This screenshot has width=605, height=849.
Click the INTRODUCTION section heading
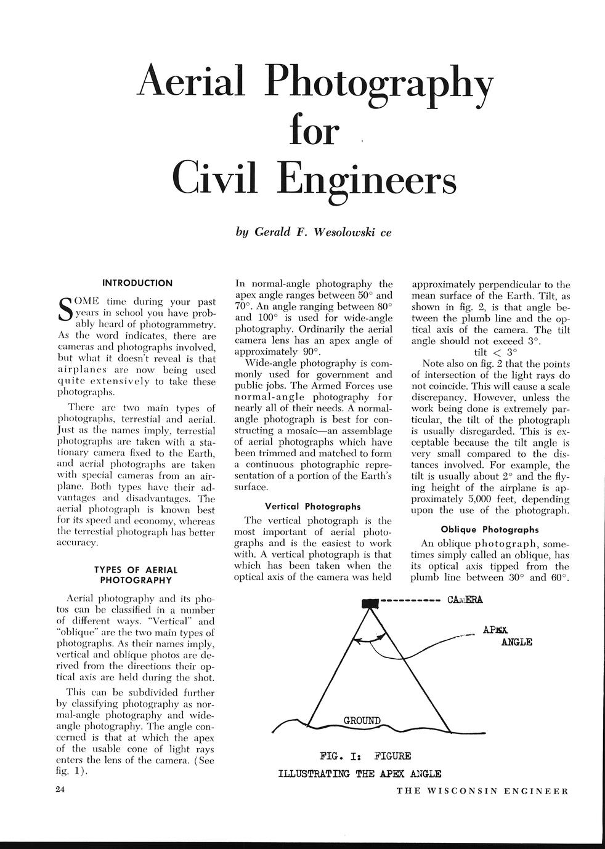pyautogui.click(x=137, y=283)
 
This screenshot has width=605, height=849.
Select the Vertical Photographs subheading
pyautogui.click(x=313, y=507)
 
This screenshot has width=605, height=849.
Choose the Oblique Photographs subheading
pyautogui.click(x=490, y=529)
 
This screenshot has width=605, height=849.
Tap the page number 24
pyautogui.click(x=60, y=791)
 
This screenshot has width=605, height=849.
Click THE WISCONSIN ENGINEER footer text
pyautogui.click(x=482, y=791)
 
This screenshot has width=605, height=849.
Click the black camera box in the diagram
pyautogui.click(x=370, y=604)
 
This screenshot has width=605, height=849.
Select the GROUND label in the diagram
pyautogui.click(x=362, y=720)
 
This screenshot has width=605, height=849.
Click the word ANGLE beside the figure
pyautogui.click(x=517, y=642)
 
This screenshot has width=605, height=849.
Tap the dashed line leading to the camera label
pyautogui.click(x=410, y=600)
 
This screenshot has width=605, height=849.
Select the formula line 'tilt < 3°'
pyautogui.click(x=495, y=352)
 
